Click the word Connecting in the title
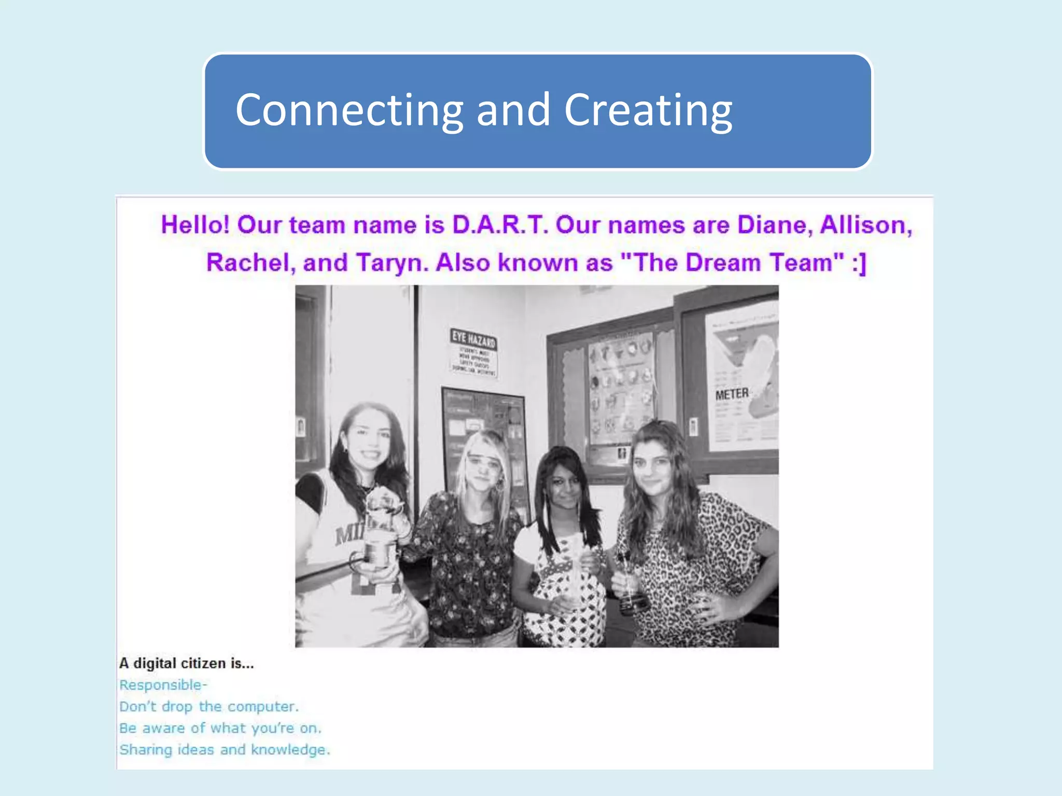tap(349, 110)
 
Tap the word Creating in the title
tap(648, 110)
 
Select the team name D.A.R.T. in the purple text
tap(500, 225)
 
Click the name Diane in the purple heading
tap(775, 225)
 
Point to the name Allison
tap(865, 225)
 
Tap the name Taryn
tap(393, 262)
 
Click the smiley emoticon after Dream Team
tap(859, 262)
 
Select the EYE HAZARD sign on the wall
tap(473, 351)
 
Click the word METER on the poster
tap(732, 394)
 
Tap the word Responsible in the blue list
tap(161, 685)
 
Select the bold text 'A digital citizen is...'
tap(187, 663)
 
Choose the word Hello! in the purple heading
tap(195, 225)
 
